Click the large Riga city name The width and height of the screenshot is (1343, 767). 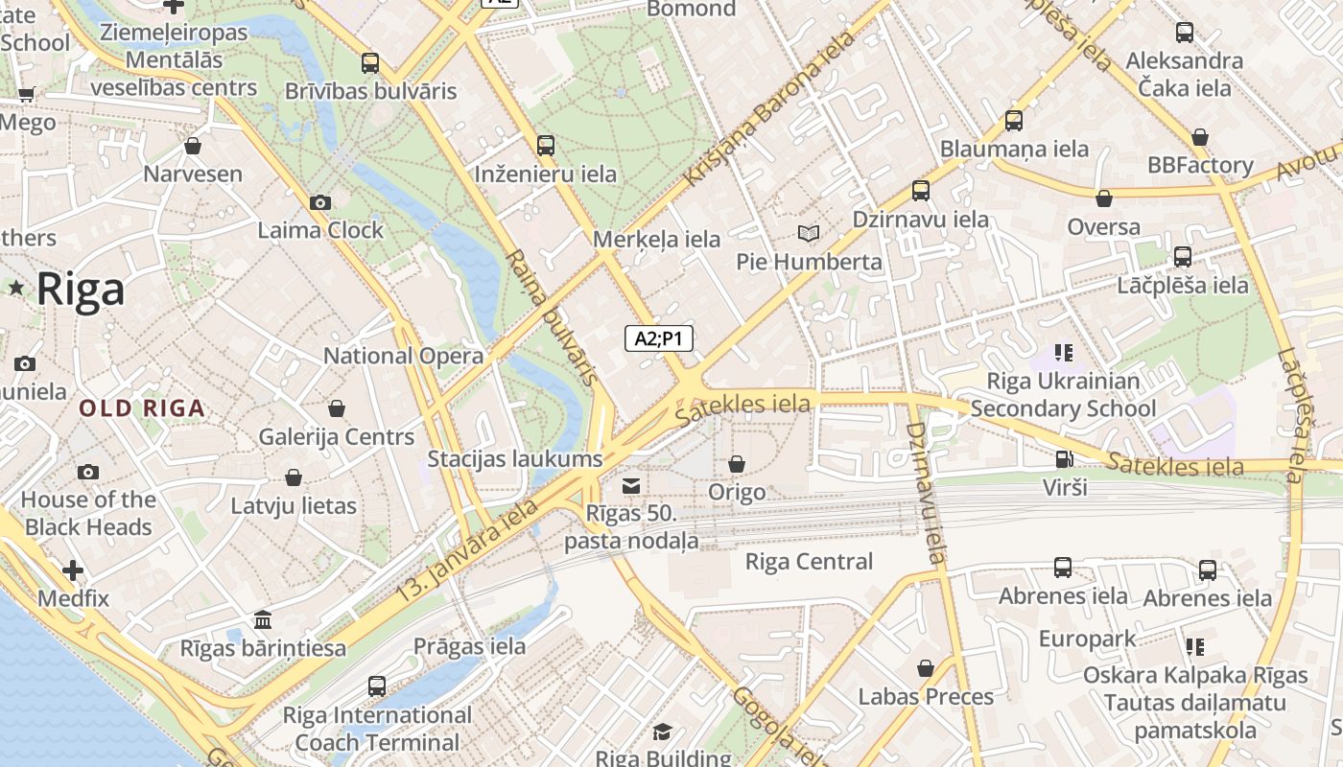tap(81, 289)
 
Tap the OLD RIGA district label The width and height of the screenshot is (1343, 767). tap(142, 408)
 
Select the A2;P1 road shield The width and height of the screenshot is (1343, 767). tap(659, 337)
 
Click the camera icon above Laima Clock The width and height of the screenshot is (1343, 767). tap(320, 202)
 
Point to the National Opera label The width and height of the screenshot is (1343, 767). tap(403, 356)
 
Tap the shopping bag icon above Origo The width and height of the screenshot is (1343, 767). tap(737, 464)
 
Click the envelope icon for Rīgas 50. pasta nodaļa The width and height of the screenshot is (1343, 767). tap(631, 486)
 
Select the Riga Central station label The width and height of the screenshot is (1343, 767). tap(809, 562)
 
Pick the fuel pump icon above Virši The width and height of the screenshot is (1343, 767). tap(1064, 459)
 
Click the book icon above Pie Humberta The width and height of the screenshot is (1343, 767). tap(809, 233)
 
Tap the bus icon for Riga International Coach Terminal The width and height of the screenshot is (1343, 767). tap(377, 686)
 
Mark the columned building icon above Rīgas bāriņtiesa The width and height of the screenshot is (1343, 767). tap(263, 620)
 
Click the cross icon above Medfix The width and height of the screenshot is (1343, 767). tap(73, 570)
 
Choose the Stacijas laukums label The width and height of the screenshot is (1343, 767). tap(514, 458)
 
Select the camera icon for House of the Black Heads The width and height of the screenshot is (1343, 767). tap(88, 472)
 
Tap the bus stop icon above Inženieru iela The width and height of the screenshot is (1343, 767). tap(546, 146)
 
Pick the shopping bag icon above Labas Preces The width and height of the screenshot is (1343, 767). tap(926, 668)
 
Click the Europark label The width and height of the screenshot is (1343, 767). tap(1087, 639)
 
